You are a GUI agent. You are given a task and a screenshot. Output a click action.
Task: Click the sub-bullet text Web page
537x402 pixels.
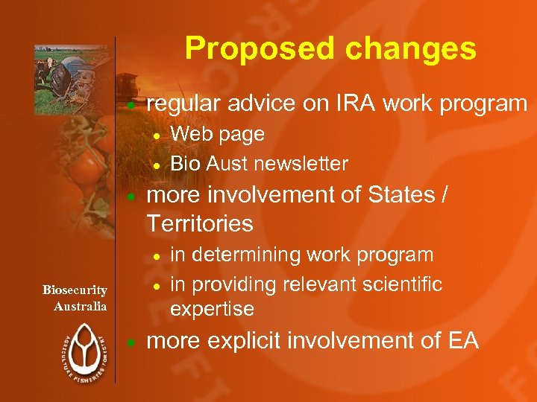tap(218, 134)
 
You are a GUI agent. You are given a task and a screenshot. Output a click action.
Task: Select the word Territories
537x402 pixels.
tap(200, 223)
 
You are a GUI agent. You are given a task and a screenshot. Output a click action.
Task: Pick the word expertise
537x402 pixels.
tap(213, 308)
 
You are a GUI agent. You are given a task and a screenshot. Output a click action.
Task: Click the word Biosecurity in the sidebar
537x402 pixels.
tap(75, 290)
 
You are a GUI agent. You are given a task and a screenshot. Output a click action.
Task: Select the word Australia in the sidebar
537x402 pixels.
tap(81, 306)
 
